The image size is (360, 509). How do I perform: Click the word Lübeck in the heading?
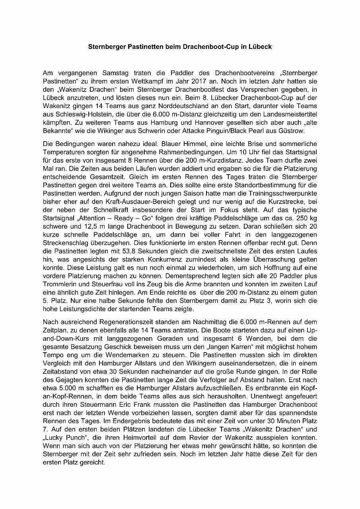(x=261, y=47)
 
